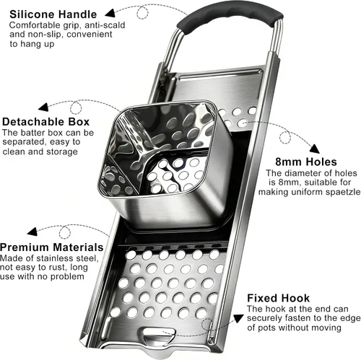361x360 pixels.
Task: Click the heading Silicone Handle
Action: [53, 14]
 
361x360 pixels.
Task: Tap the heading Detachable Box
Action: [45, 122]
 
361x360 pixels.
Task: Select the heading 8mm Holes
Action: [306, 162]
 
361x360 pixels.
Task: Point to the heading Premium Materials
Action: [52, 247]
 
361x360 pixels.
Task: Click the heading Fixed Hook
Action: [278, 298]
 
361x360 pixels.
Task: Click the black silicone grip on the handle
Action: [230, 17]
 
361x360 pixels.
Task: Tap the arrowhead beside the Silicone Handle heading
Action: [110, 13]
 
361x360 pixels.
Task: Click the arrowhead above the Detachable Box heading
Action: [43, 107]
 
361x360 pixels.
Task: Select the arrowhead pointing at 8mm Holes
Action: [314, 149]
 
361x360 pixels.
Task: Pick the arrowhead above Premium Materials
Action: [32, 232]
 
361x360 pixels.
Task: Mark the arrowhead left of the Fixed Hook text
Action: [238, 319]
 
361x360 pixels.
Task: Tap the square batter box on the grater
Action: [164, 164]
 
